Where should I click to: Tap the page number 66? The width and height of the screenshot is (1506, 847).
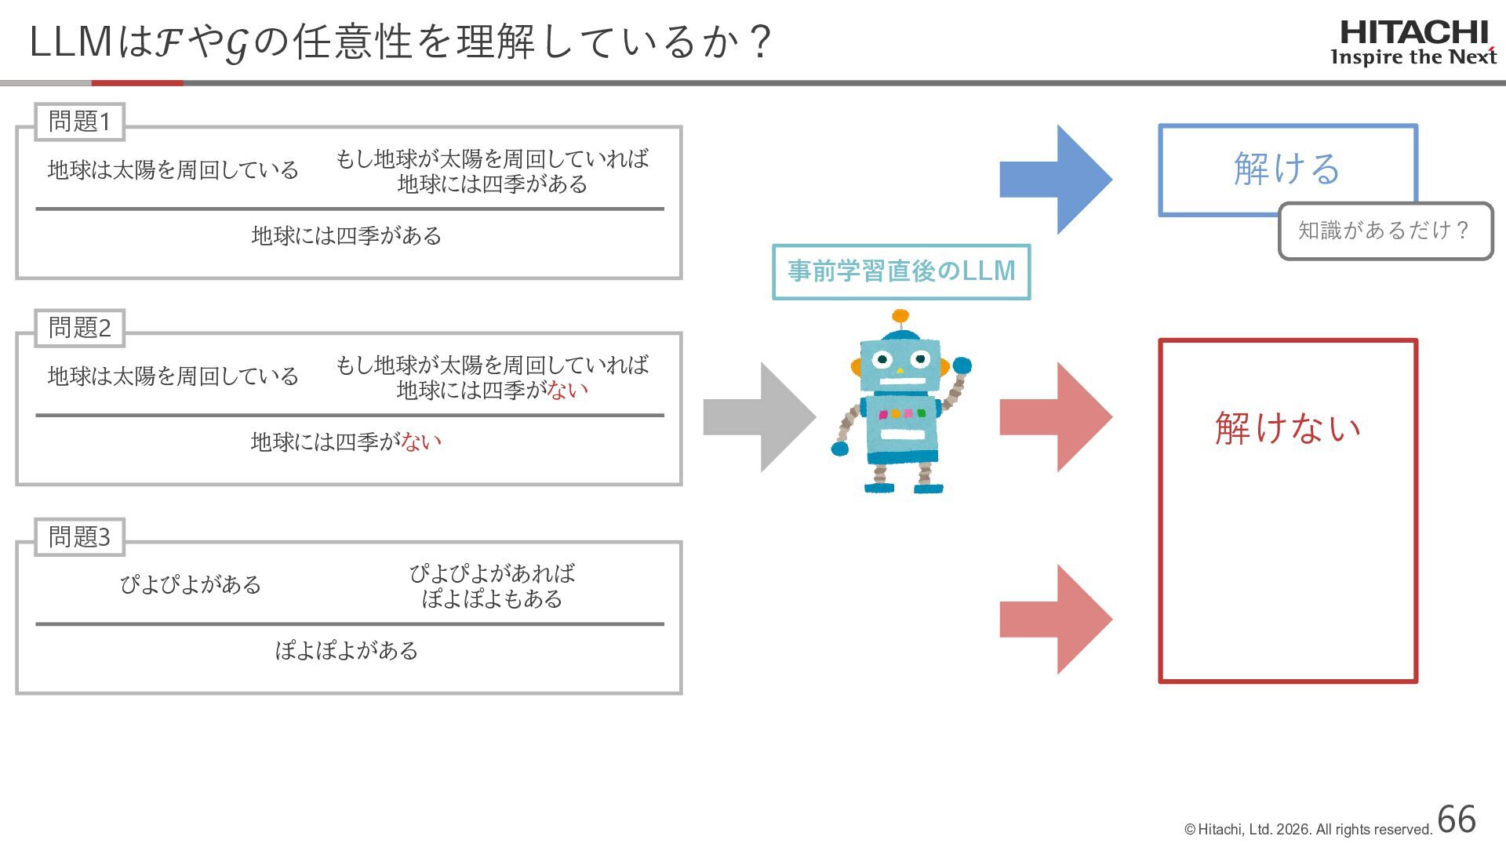[1457, 820]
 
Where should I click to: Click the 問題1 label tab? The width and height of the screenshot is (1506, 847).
[79, 122]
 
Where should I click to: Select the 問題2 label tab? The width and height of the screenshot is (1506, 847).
[79, 328]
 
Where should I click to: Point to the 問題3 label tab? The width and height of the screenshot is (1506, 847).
[79, 537]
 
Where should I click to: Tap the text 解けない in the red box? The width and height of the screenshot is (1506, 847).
[1287, 428]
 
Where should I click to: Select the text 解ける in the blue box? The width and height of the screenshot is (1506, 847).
[1286, 169]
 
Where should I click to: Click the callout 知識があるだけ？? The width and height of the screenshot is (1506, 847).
[1384, 231]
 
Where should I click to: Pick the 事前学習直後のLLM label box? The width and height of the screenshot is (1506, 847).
[900, 271]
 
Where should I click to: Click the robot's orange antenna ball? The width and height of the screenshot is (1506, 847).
[900, 317]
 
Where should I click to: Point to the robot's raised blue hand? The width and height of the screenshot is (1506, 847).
[962, 365]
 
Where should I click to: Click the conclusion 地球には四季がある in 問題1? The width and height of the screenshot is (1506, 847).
[346, 236]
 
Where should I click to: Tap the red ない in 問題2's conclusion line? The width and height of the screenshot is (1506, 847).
[421, 442]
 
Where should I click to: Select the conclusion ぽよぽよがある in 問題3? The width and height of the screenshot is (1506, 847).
[346, 651]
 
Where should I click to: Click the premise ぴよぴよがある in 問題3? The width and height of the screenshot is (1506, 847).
[190, 585]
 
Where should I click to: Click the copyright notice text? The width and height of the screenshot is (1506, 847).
[1308, 830]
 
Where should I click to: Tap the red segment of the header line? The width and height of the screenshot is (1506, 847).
[137, 82]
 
